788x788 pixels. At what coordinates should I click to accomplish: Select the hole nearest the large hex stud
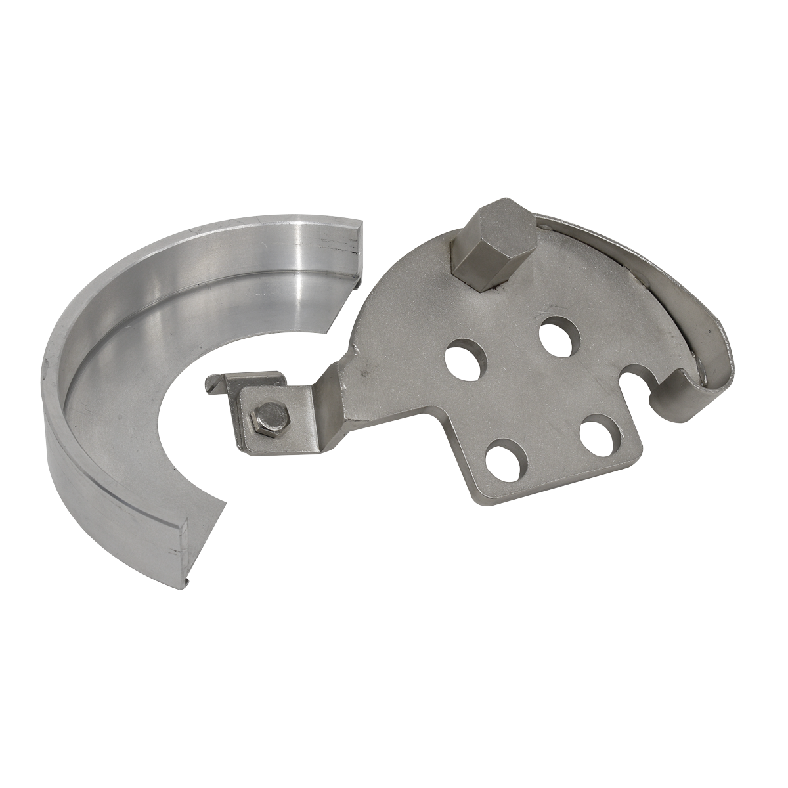coord(561,334)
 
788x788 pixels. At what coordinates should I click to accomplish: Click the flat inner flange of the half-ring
coord(131,407)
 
